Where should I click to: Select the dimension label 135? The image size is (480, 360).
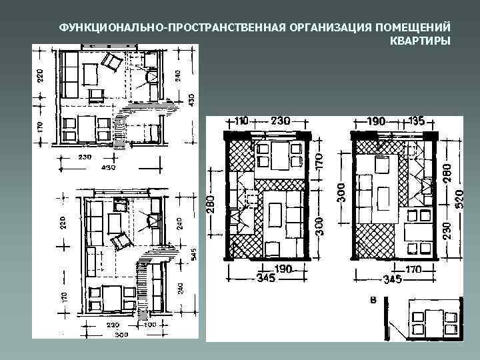click(418, 122)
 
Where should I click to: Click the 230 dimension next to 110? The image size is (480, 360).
click(279, 122)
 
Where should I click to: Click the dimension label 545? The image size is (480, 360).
click(191, 253)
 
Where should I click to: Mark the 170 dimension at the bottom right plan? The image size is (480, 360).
click(413, 270)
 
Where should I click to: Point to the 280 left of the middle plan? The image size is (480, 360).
click(211, 203)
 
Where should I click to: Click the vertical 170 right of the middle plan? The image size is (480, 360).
click(319, 161)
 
